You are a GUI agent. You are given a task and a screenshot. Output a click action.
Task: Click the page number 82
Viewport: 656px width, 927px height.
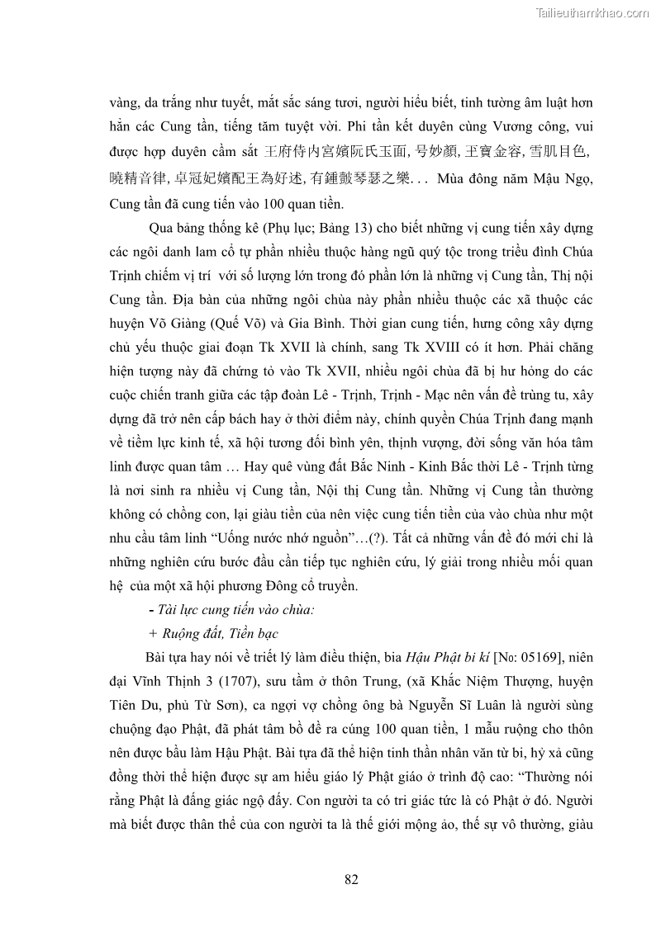click(351, 879)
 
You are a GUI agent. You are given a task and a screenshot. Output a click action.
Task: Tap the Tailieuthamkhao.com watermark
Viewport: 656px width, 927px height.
click(592, 12)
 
